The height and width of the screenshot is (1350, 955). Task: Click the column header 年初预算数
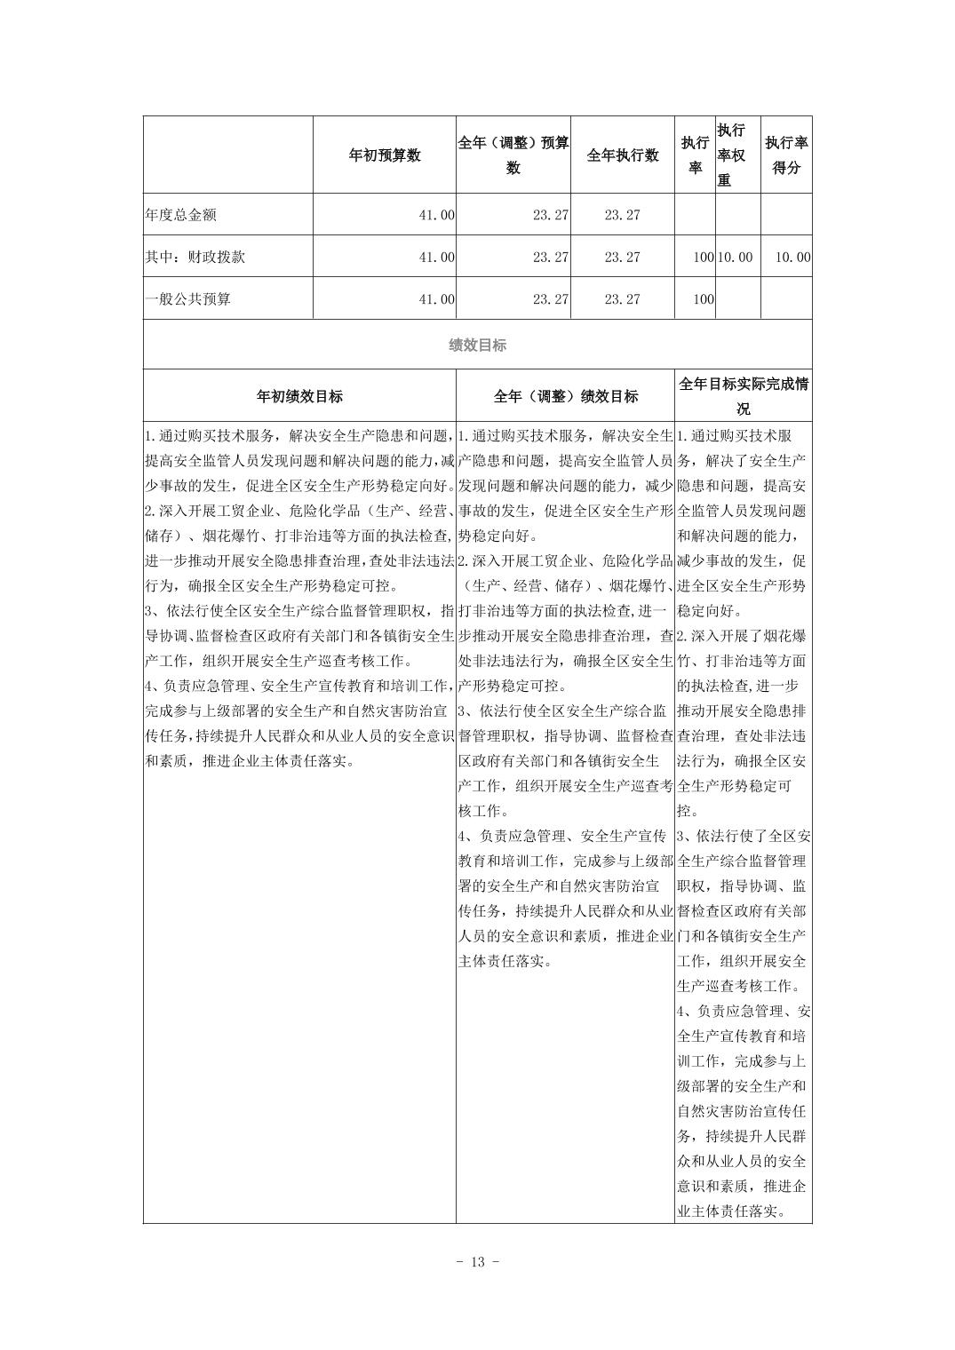point(384,155)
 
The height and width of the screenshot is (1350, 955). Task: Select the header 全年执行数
point(623,155)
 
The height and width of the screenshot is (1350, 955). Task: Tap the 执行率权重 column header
point(731,155)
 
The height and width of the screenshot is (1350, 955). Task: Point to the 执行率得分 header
point(786,155)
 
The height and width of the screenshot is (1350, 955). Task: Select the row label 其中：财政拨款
point(195,258)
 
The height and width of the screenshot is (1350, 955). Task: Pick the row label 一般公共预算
point(187,299)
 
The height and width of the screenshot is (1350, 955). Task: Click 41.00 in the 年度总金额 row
point(436,215)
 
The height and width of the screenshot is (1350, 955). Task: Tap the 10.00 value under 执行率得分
point(792,258)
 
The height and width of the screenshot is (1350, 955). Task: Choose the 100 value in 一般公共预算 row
point(703,299)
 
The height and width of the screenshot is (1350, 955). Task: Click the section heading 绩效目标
point(477,345)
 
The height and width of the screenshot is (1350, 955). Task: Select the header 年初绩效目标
point(299,397)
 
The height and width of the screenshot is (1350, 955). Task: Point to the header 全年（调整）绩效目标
point(565,397)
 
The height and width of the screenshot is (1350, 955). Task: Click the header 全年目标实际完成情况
point(744,397)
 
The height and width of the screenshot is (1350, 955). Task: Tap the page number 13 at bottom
point(477,1262)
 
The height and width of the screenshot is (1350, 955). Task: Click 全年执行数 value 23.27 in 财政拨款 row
point(622,258)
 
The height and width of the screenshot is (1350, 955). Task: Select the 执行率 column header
point(695,155)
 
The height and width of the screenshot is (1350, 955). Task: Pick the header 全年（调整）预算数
point(513,155)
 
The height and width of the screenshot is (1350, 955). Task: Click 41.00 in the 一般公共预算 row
point(436,299)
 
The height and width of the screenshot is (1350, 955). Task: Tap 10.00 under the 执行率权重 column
point(735,258)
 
